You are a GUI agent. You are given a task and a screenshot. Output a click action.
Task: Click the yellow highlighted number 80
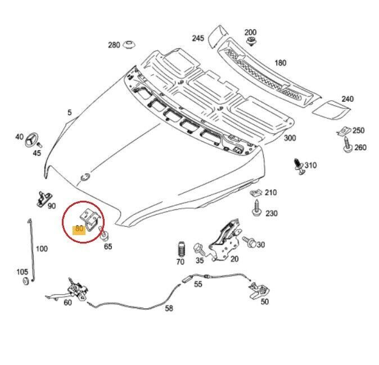(79, 229)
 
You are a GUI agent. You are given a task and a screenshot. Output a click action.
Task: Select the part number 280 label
(114, 45)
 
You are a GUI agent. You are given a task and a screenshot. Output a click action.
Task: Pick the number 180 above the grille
(280, 63)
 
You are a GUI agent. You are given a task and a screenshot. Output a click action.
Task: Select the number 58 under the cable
(169, 308)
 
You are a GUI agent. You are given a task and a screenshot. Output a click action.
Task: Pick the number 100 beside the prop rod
(42, 248)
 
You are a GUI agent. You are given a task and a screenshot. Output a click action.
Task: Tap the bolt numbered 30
(251, 243)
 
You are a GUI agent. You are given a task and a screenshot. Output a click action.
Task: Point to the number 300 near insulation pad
(289, 138)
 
